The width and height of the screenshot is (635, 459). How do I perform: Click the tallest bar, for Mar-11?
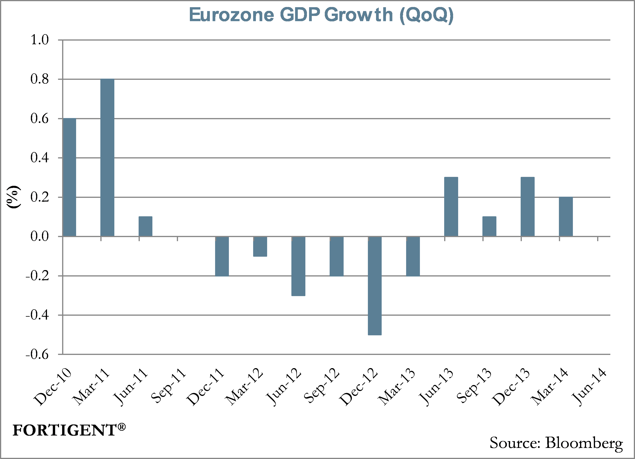pyautogui.click(x=107, y=158)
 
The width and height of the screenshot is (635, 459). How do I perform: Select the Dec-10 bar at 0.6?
pyautogui.click(x=69, y=177)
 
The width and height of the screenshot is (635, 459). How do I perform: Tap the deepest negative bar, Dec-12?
pyautogui.click(x=375, y=286)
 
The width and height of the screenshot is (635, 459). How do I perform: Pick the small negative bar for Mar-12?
pyautogui.click(x=260, y=246)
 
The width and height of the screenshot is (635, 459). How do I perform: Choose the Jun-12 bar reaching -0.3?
pyautogui.click(x=298, y=266)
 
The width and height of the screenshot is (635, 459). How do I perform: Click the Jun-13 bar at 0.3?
pyautogui.click(x=451, y=207)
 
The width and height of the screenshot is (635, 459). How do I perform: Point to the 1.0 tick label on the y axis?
pyautogui.click(x=39, y=40)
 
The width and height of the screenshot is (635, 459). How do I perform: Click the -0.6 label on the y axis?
pyautogui.click(x=37, y=355)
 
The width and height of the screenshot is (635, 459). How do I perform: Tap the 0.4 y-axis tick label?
pyautogui.click(x=39, y=158)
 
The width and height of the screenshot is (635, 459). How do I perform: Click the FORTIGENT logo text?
pyautogui.click(x=64, y=430)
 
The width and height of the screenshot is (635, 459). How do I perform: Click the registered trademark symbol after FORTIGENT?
pyautogui.click(x=122, y=427)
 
